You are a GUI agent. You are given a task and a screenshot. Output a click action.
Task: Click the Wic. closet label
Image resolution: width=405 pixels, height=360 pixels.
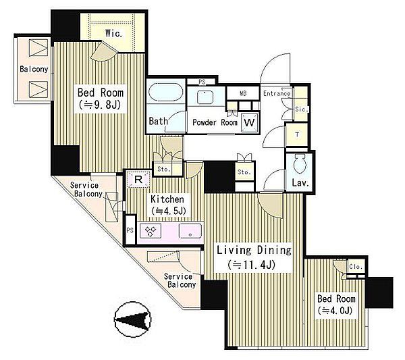tap(113, 34)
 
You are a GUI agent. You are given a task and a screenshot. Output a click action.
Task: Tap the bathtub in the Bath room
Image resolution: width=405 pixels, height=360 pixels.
tap(165, 92)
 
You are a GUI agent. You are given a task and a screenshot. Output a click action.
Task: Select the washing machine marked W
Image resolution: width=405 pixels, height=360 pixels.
tap(249, 122)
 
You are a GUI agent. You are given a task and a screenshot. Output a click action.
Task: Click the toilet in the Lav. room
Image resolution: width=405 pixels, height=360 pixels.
tap(300, 164)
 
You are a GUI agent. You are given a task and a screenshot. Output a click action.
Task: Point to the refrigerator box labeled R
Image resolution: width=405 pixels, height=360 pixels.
tap(138, 179)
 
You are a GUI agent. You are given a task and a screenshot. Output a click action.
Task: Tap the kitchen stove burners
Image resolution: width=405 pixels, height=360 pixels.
tap(151, 231)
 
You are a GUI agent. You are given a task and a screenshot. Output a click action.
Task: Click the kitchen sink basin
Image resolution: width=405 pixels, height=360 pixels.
tap(190, 230)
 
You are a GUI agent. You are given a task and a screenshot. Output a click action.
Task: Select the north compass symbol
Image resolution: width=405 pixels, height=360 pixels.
tap(132, 319)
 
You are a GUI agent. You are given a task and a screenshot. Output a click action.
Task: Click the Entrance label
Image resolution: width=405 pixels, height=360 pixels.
tap(277, 94)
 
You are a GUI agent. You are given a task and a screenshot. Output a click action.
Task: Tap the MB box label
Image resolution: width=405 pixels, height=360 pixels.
tap(243, 93)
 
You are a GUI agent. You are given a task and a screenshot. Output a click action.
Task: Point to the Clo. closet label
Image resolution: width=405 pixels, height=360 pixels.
tap(356, 266)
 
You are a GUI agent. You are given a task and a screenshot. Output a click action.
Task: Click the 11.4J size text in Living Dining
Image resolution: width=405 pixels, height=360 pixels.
tap(252, 265)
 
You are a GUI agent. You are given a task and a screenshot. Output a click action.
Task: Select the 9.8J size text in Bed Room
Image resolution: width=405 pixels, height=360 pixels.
tap(100, 105)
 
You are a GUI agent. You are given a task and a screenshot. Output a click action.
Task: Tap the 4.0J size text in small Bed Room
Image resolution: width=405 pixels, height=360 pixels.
tap(335, 311)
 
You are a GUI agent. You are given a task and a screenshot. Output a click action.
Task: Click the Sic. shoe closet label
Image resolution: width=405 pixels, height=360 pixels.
tap(302, 109)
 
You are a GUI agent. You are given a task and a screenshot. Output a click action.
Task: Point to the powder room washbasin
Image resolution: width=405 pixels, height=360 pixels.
tap(205, 97)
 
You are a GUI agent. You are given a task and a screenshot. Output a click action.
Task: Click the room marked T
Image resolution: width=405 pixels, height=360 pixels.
tap(297, 134)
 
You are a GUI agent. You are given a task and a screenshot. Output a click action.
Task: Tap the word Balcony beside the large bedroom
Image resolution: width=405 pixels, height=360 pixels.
tap(34, 69)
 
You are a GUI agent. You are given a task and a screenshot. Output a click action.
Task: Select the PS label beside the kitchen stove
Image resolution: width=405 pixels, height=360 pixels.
tap(130, 230)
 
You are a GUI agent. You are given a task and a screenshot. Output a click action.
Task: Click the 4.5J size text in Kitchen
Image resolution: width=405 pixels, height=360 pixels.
tap(169, 211)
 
